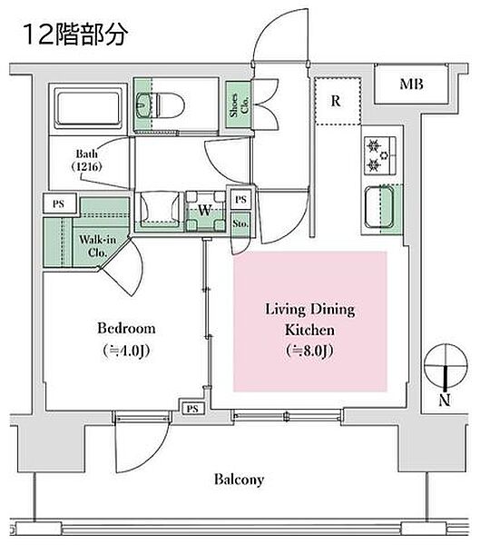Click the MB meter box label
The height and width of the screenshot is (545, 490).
[x=411, y=84]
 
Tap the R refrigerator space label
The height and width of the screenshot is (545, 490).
[x=336, y=101]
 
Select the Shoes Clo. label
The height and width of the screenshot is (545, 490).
[x=239, y=104]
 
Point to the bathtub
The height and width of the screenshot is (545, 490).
[x=89, y=107]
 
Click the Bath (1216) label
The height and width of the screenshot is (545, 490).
[x=87, y=160]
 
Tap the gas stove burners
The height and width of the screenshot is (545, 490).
[x=380, y=155]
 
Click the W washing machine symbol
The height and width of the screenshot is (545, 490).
[x=205, y=211]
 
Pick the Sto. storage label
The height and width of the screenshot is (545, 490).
[x=240, y=223]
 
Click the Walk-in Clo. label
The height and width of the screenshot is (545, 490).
[x=97, y=246]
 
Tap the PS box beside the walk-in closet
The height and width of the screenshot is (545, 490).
[x=59, y=203]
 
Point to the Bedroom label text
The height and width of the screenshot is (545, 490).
[x=126, y=329]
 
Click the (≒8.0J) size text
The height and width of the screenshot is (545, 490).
[x=309, y=351]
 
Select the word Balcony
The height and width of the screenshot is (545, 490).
[x=239, y=480]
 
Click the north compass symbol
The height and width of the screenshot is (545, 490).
[x=446, y=366]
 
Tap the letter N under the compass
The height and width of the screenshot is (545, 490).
[x=445, y=400]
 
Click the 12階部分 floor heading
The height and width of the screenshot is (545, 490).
[x=75, y=35]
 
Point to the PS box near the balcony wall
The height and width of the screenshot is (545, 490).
[x=192, y=409]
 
